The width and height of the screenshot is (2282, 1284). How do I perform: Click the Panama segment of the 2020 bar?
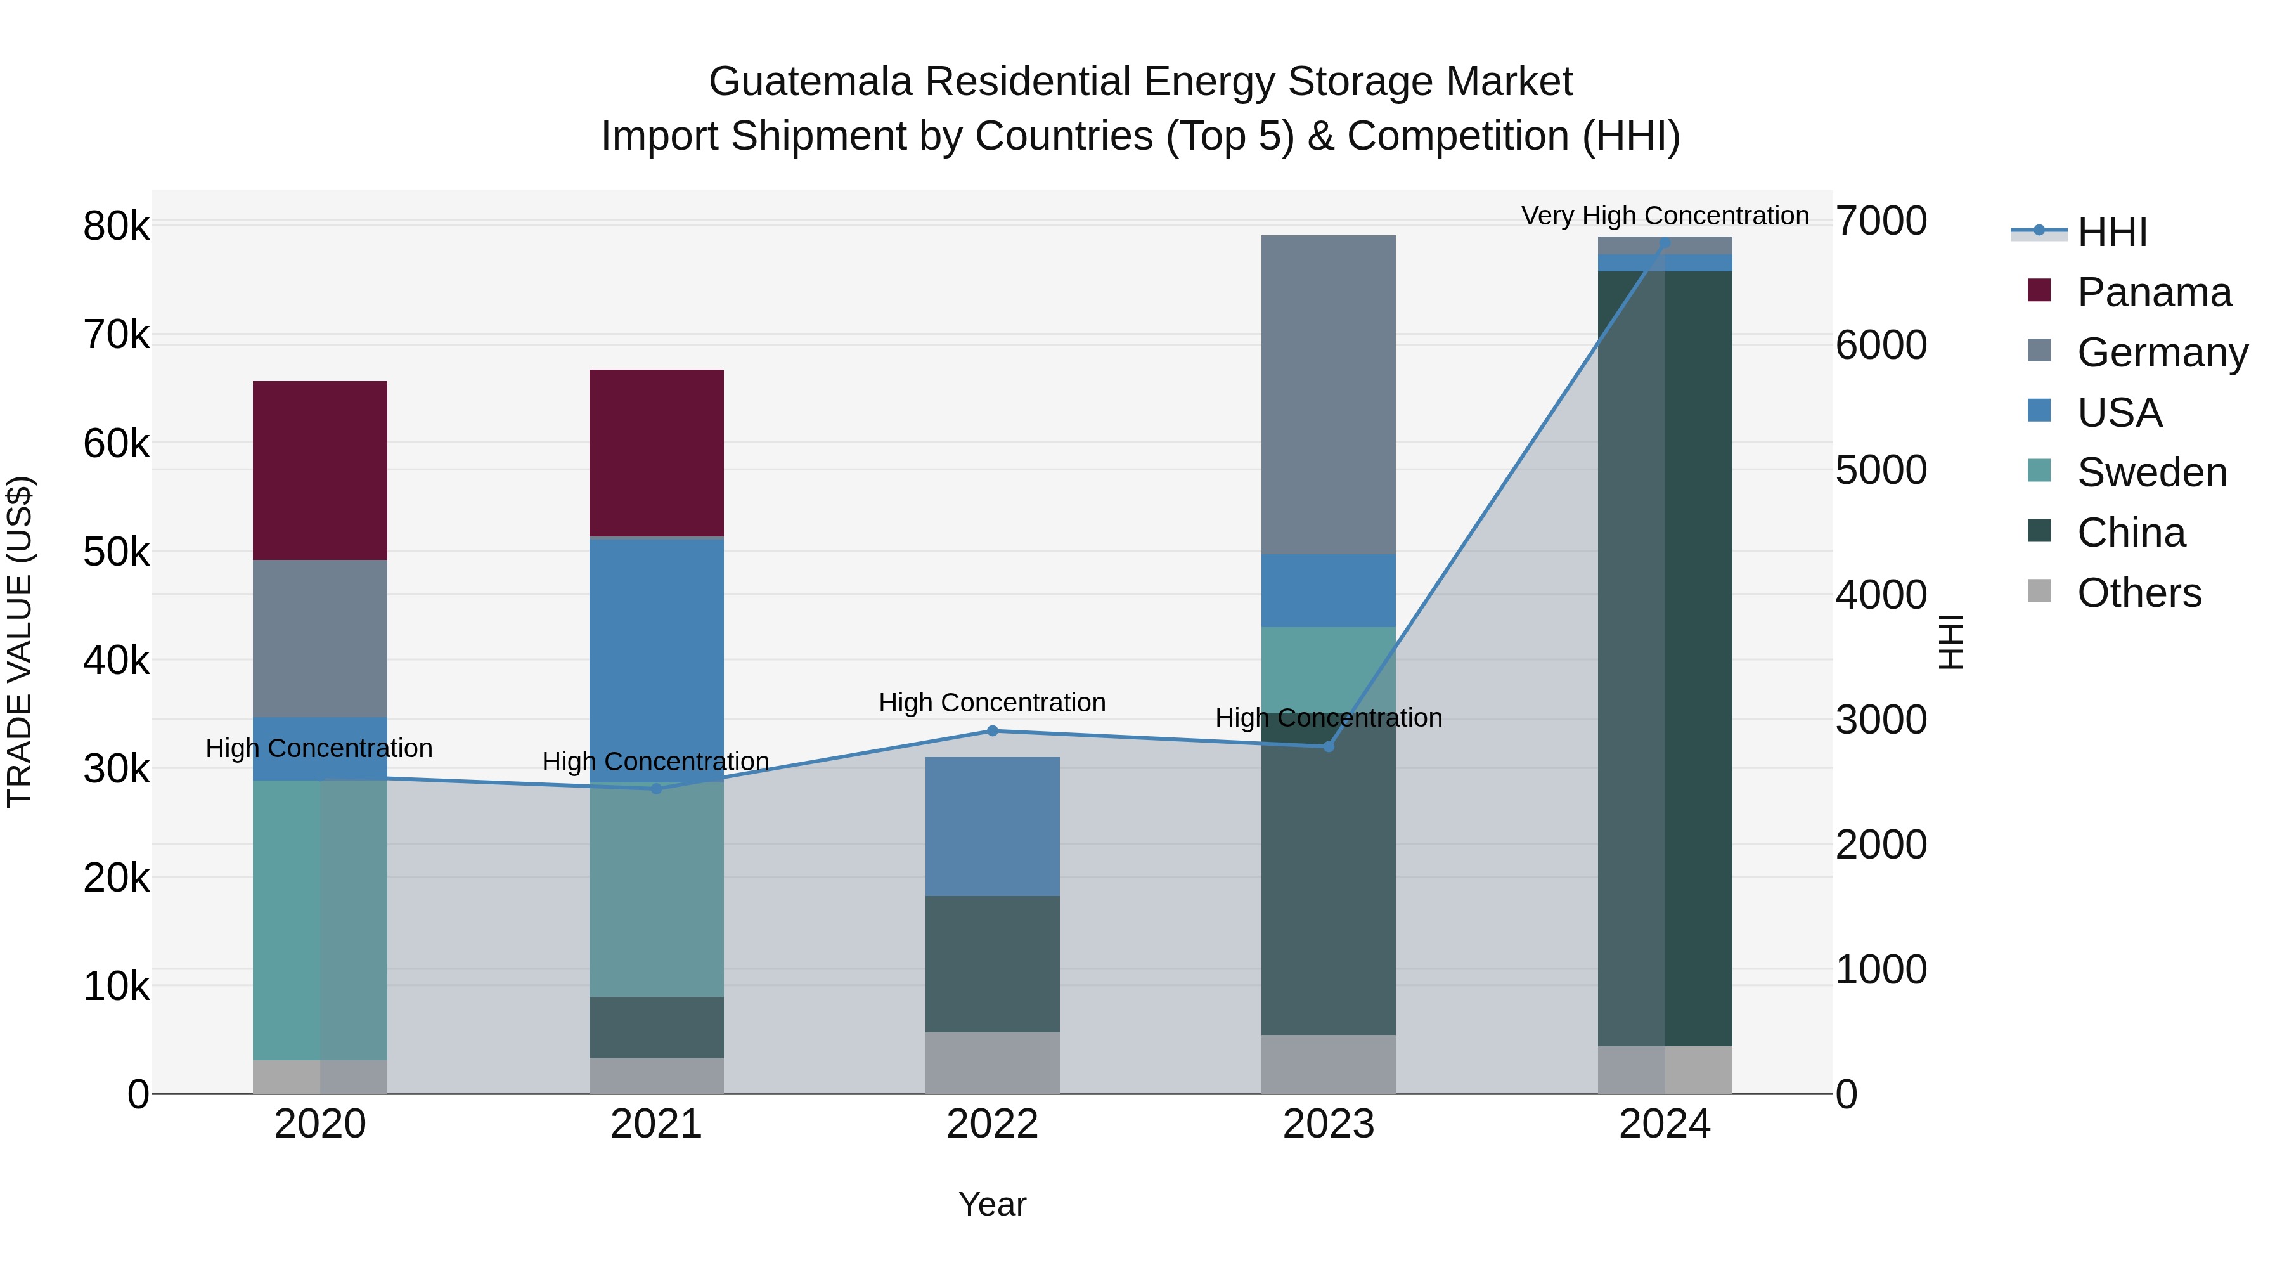(320, 470)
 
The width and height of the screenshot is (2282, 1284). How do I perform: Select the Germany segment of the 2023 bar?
(1328, 394)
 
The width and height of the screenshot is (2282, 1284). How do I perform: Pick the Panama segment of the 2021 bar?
(657, 453)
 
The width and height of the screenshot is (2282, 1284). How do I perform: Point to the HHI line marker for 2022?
(992, 731)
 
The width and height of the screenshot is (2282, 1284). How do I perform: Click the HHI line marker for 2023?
(1328, 747)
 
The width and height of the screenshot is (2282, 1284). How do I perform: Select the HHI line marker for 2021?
(657, 789)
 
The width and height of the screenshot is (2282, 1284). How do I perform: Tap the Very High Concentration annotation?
(1665, 216)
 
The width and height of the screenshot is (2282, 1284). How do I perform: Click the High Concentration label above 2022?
(992, 703)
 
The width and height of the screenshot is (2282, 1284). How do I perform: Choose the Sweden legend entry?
(2151, 472)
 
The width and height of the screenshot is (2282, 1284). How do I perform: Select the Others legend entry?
(2139, 593)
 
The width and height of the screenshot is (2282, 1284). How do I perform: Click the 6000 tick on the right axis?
(1881, 345)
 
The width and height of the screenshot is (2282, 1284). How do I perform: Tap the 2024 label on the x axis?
(1665, 1124)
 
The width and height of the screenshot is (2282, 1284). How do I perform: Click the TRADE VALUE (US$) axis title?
(20, 642)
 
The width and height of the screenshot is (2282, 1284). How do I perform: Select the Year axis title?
(992, 1204)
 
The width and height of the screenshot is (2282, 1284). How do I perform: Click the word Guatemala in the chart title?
(809, 82)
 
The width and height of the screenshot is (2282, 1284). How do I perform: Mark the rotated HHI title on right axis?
(1950, 642)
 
